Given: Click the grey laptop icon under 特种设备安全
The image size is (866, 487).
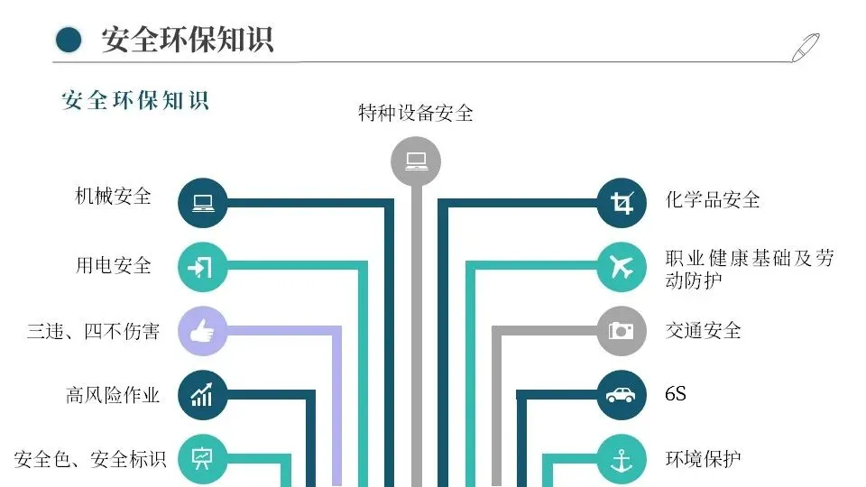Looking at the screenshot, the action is [x=415, y=161].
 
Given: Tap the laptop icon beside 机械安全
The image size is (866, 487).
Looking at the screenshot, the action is [x=202, y=203].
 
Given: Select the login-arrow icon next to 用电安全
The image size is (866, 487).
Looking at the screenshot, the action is [x=202, y=267].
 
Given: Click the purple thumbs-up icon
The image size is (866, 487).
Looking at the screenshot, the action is [x=202, y=331].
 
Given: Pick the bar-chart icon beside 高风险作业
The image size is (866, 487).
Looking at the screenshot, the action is [x=202, y=395].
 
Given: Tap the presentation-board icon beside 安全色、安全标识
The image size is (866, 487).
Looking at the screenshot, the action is [x=202, y=458].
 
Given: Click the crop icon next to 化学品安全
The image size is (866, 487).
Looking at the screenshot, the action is [x=622, y=203].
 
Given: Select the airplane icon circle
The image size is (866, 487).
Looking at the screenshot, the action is [x=622, y=267].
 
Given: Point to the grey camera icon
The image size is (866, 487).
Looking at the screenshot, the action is [x=622, y=331].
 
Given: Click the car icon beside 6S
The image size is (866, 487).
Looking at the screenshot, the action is [x=622, y=395].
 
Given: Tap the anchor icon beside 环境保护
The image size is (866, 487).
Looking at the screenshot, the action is [x=622, y=459].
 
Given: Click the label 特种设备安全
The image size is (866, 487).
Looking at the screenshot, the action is [x=415, y=114].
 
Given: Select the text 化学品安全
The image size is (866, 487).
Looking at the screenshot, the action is [x=713, y=199].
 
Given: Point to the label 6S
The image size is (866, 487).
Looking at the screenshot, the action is [x=675, y=394].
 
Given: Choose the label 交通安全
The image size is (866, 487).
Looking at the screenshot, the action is [x=703, y=330].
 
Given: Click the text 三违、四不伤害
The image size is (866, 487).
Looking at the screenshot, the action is [x=93, y=331].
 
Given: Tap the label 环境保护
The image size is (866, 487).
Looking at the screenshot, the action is [x=703, y=458].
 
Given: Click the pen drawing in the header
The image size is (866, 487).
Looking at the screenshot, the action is [x=805, y=47].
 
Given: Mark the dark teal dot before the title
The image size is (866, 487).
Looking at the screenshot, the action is [x=69, y=40].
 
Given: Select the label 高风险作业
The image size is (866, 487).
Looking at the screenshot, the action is [x=113, y=395].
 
